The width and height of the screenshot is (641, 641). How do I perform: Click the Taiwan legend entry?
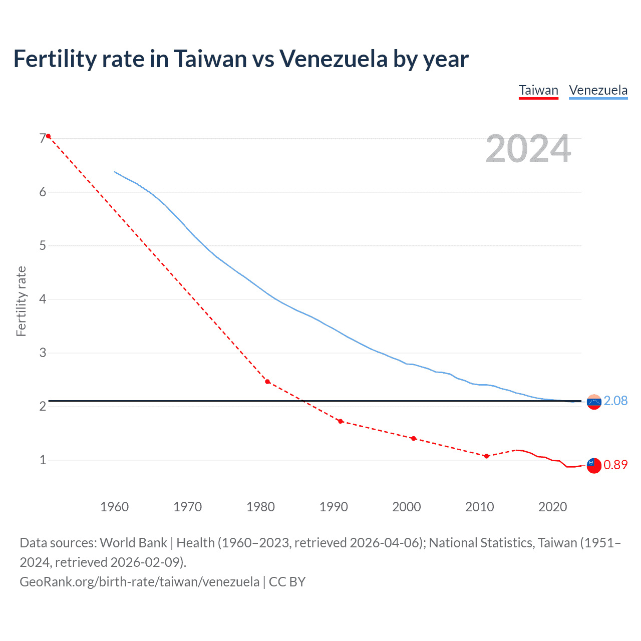(538, 91)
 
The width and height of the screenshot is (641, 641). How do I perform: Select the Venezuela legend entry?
(598, 91)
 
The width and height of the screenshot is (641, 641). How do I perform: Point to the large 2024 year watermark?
(528, 149)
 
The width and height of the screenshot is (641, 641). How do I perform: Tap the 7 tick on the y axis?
(43, 138)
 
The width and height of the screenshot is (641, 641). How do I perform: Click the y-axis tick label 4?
(43, 299)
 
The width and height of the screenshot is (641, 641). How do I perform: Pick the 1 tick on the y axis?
(43, 460)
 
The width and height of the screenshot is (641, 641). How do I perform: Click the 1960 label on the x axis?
(114, 507)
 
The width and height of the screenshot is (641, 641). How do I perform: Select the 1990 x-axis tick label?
(334, 507)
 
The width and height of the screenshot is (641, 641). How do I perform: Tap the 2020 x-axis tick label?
(552, 507)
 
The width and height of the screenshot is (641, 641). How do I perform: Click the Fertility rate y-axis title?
(21, 301)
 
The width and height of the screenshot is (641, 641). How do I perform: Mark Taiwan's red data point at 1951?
(48, 136)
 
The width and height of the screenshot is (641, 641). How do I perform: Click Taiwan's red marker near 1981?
(267, 382)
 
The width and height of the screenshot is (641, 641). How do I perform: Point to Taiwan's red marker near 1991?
(341, 421)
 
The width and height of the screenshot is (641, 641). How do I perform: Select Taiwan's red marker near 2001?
(413, 438)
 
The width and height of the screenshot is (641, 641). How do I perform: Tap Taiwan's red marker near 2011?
(486, 456)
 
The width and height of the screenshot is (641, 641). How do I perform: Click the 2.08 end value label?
(615, 401)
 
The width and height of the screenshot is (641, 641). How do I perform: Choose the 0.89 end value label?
(615, 465)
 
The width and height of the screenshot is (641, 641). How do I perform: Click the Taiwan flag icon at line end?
(594, 465)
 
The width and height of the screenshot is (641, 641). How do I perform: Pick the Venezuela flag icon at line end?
(594, 402)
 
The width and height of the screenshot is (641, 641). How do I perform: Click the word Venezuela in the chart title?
(333, 59)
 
